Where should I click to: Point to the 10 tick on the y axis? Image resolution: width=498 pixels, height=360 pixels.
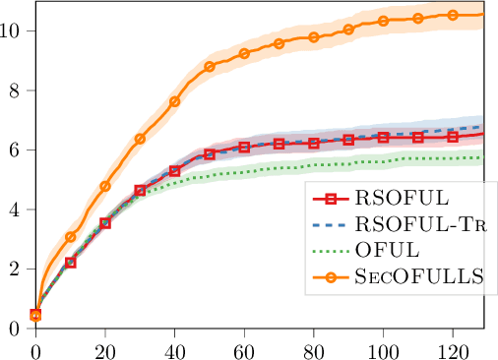(x=17, y=30)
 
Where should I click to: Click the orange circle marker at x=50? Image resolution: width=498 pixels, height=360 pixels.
(x=210, y=67)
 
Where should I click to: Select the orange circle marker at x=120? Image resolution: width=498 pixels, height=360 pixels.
(x=453, y=15)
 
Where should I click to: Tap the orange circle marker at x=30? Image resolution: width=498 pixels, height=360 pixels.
(x=140, y=139)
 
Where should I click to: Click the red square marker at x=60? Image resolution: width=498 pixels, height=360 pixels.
(x=244, y=147)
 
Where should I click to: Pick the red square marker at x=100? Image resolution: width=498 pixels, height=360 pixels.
(x=383, y=137)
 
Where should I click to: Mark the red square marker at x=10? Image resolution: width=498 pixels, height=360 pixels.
(x=71, y=263)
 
